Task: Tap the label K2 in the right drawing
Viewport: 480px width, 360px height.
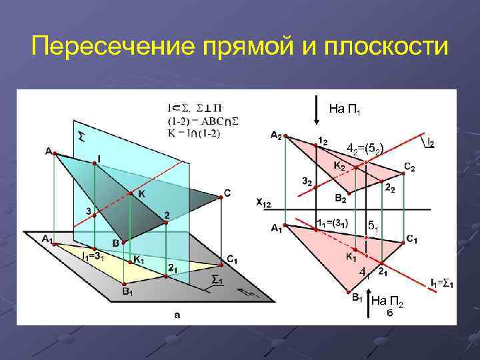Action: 339,165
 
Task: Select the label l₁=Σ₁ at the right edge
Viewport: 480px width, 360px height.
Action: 441,284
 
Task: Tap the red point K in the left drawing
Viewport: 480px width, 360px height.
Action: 130,194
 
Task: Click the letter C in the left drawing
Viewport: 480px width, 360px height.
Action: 227,194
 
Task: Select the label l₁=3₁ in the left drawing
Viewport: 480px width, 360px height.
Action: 95,255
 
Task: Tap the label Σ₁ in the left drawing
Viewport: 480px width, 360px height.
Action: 216,279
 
